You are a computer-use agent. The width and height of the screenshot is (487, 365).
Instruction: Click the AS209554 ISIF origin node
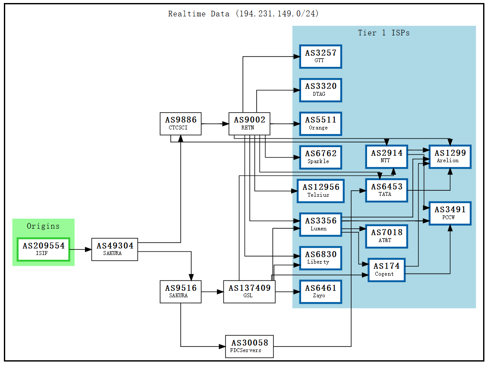click(44, 249)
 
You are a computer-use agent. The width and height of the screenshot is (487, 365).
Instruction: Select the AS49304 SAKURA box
click(115, 249)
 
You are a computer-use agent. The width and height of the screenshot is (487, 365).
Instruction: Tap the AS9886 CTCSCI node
click(180, 123)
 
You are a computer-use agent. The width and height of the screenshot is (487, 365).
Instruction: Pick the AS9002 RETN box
click(249, 123)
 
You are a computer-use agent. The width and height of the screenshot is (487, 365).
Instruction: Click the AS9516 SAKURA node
click(180, 291)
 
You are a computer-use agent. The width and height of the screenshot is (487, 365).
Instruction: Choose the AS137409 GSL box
click(249, 291)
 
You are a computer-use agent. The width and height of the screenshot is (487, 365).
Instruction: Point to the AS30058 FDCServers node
click(249, 346)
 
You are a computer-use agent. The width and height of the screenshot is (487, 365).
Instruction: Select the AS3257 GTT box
click(320, 56)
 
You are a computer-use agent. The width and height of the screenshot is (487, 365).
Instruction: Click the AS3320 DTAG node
click(320, 90)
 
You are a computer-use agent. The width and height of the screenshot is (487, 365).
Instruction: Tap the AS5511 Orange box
click(320, 123)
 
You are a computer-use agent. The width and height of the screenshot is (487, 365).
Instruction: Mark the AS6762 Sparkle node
click(320, 157)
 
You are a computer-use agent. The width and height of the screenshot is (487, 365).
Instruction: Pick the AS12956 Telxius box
click(320, 191)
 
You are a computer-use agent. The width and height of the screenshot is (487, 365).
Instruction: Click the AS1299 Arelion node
click(449, 156)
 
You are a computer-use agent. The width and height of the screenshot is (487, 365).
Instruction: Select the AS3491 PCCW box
click(449, 213)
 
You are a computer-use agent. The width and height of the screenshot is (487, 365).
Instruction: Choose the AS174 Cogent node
click(386, 270)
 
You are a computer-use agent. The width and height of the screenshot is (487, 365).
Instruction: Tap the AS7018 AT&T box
click(386, 236)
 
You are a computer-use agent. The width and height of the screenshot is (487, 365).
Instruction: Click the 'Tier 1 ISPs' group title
click(383, 33)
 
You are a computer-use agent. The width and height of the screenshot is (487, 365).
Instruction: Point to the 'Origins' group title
click(43, 226)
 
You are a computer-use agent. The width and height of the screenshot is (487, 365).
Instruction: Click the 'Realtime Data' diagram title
click(243, 14)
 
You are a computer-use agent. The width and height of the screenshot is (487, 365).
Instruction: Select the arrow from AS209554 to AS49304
click(80, 249)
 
